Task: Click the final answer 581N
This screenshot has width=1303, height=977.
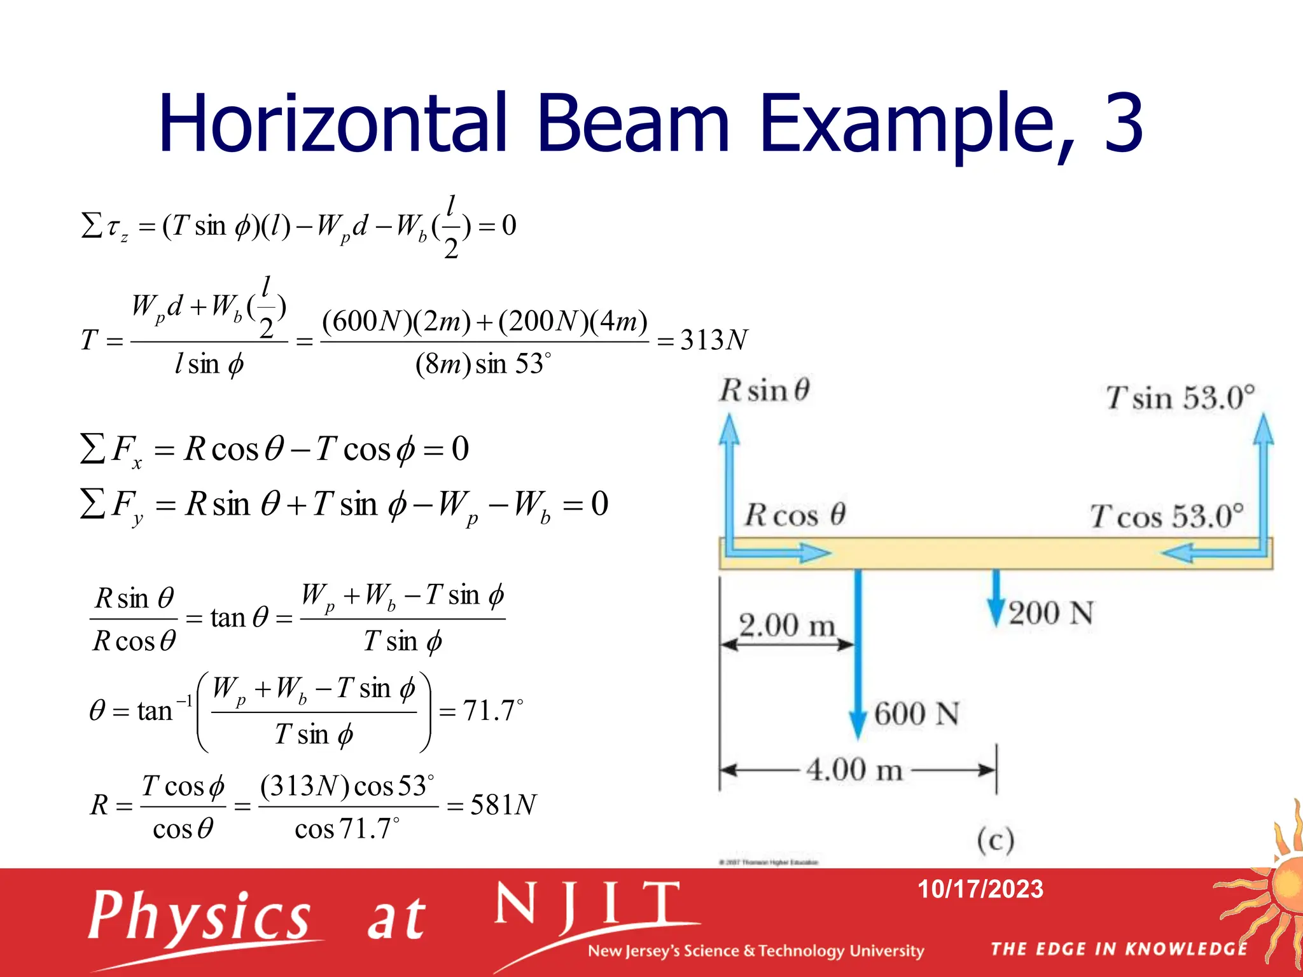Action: pyautogui.click(x=503, y=805)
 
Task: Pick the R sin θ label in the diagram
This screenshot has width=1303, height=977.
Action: pyautogui.click(x=764, y=390)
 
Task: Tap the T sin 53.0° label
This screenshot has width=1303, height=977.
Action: pyautogui.click(x=1180, y=398)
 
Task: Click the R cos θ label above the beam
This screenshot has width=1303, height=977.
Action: pyautogui.click(x=795, y=515)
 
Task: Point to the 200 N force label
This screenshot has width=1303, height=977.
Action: pyautogui.click(x=1050, y=613)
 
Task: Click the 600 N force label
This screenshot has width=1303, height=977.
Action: pyautogui.click(x=916, y=714)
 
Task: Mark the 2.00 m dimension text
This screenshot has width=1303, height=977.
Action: pyautogui.click(x=786, y=625)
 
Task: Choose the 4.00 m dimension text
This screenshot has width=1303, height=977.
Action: pyautogui.click(x=854, y=770)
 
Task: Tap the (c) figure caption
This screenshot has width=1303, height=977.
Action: pyautogui.click(x=996, y=840)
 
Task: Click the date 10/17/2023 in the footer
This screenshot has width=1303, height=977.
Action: pyautogui.click(x=980, y=889)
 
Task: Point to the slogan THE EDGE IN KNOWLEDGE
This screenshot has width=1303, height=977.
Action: pyautogui.click(x=1118, y=949)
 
